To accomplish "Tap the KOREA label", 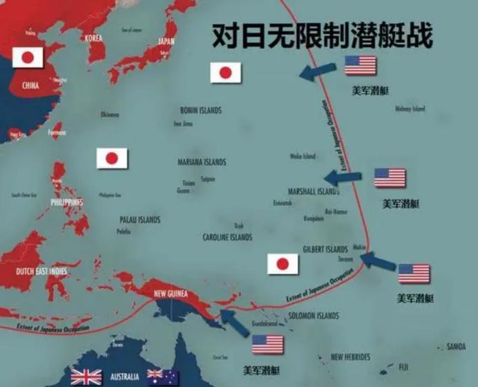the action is point(98,39).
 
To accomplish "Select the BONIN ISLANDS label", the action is point(200,110).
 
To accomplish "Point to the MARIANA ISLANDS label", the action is point(202,162).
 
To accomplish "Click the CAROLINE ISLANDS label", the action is point(227,237).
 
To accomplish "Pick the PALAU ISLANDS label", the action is point(140,220).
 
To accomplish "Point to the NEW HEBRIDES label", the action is point(350,357).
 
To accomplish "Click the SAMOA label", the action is point(456,346).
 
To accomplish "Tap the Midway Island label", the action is point(410,108).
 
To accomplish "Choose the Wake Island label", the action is point(302,156).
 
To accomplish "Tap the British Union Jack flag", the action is point(86,377).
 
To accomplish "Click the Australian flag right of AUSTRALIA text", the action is point(163,377).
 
